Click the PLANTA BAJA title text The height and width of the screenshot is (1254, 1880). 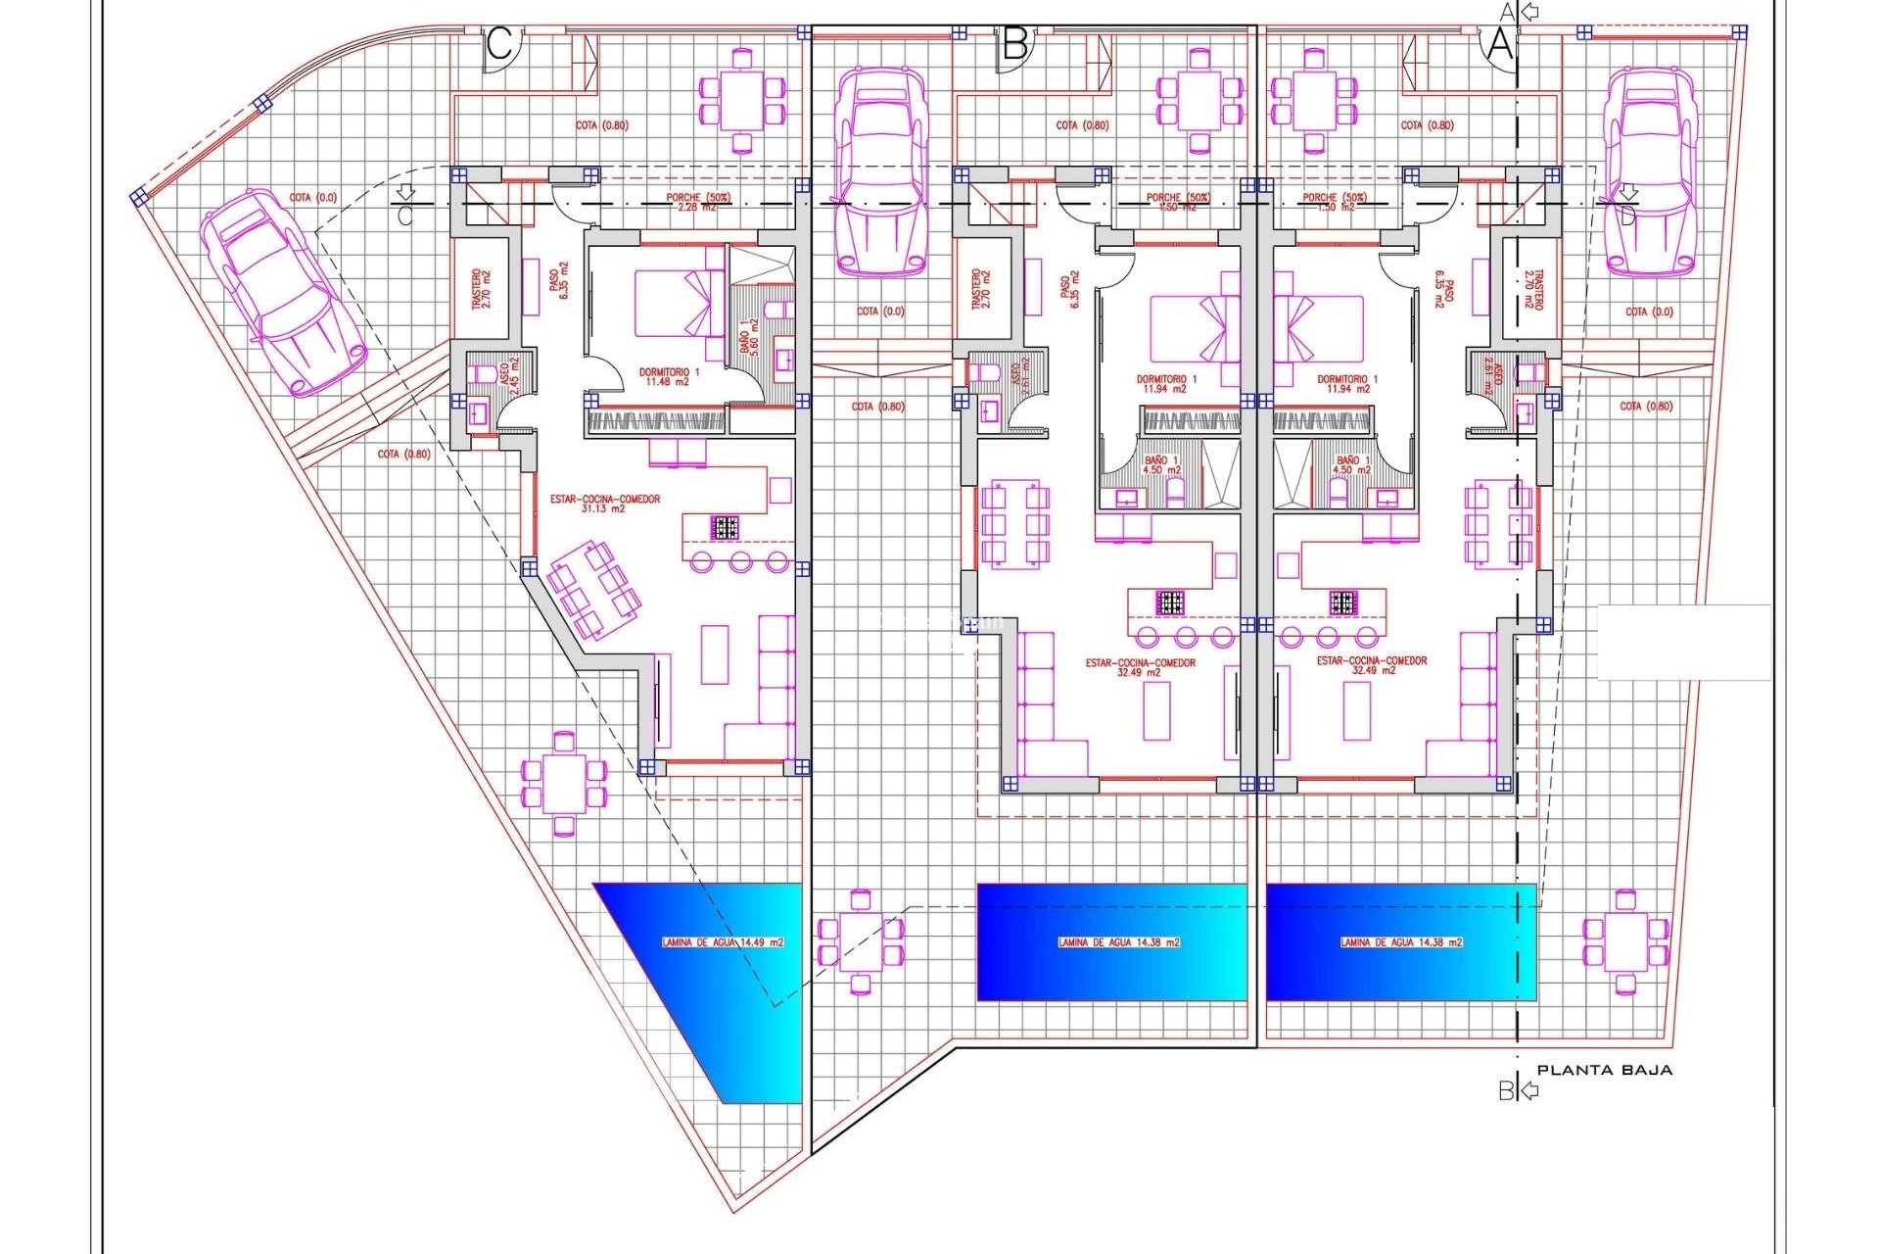[x=1604, y=1070]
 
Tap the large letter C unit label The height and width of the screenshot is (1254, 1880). [x=499, y=44]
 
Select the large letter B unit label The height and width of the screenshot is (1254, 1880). [x=1015, y=44]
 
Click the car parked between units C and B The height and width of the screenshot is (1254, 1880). [x=879, y=173]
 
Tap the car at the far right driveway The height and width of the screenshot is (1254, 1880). [x=1650, y=173]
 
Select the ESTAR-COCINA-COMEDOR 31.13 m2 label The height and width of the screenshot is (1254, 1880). [x=605, y=504]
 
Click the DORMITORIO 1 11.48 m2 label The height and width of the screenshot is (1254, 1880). [x=669, y=377]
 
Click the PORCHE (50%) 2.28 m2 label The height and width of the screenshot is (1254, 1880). [x=691, y=202]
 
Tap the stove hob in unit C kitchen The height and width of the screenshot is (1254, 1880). [x=725, y=527]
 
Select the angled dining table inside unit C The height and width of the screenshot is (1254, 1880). [x=593, y=588]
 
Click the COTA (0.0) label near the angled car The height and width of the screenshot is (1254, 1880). [x=312, y=198]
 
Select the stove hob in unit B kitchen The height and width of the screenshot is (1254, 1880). [x=1170, y=603]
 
